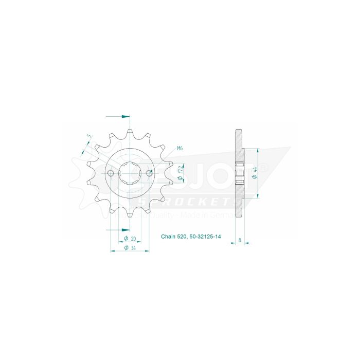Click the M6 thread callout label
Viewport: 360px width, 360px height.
click(x=180, y=149)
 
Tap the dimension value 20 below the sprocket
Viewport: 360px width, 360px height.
click(x=133, y=239)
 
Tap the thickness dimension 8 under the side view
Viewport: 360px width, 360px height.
click(x=241, y=240)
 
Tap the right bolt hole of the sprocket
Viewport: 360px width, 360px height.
click(x=149, y=173)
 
